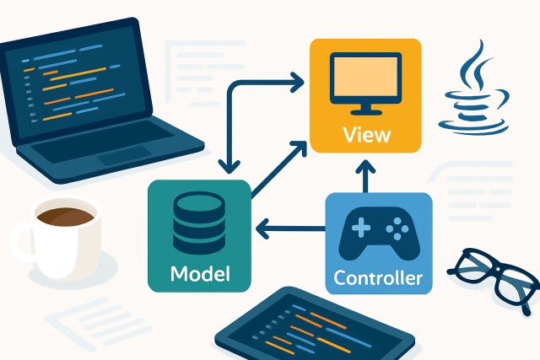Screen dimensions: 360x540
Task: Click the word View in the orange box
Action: (x=364, y=133)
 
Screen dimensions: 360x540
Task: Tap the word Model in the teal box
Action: (x=199, y=274)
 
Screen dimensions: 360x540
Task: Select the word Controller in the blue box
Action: (x=379, y=277)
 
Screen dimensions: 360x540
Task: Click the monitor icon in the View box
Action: (x=364, y=83)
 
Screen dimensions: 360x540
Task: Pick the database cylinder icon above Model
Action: (x=199, y=222)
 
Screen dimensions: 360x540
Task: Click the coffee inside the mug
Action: (x=64, y=217)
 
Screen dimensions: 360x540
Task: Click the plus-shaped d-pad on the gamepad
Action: (x=360, y=227)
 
